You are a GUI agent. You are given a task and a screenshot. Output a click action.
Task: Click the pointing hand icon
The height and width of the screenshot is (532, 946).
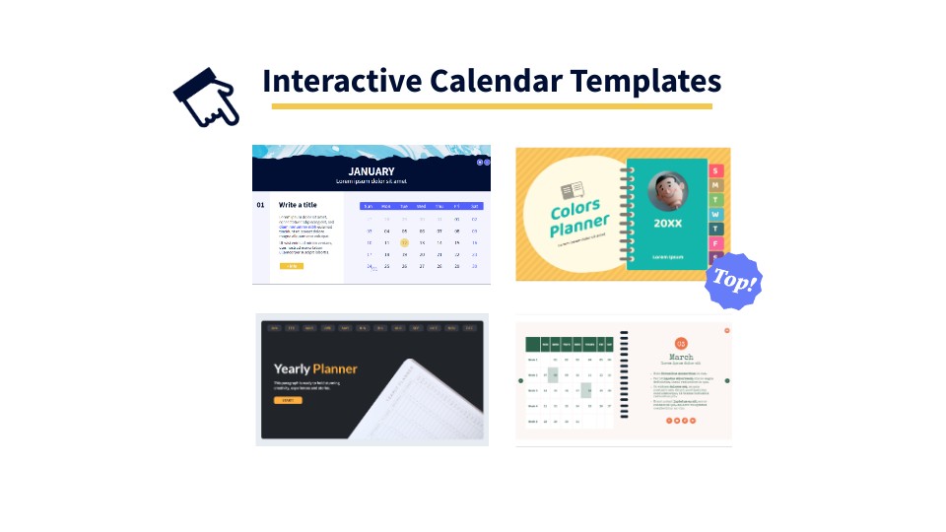point(207,97)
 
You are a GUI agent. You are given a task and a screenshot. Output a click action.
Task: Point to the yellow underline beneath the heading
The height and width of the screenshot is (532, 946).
point(492,105)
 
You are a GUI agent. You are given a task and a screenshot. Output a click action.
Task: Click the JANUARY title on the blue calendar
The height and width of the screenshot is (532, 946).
point(372,170)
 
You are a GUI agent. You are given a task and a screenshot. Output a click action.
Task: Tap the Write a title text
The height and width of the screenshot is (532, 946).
point(298,205)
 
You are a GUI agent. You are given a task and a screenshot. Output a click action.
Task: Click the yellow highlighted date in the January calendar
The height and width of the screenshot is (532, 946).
point(404,242)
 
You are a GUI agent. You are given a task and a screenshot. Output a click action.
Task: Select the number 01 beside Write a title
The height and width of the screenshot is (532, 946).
point(261,205)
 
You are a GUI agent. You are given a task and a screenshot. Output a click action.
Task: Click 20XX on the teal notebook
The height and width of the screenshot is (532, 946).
point(668,224)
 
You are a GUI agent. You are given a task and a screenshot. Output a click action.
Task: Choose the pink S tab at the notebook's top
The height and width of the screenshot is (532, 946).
point(716,170)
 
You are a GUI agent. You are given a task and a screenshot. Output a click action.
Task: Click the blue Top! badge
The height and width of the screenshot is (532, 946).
point(734,281)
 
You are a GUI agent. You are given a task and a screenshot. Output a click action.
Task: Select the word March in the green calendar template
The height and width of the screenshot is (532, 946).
point(681,357)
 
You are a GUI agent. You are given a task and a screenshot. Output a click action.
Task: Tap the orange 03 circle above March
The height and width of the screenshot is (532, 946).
point(681,343)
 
